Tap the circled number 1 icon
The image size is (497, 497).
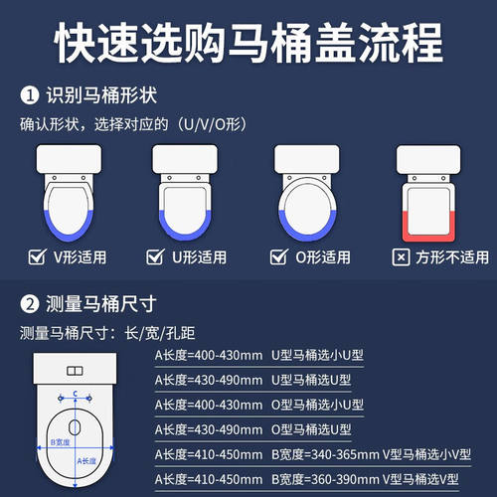pyautogui.click(x=30, y=96)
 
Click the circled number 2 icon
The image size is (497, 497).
pyautogui.click(x=30, y=302)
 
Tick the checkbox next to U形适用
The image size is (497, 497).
pyautogui.click(x=154, y=257)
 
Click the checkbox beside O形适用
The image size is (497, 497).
pyautogui.click(x=278, y=257)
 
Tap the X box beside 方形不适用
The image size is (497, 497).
pyautogui.click(x=401, y=257)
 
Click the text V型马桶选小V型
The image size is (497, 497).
pyautogui.click(x=415, y=456)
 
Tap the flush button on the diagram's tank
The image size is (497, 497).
pyautogui.click(x=75, y=371)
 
